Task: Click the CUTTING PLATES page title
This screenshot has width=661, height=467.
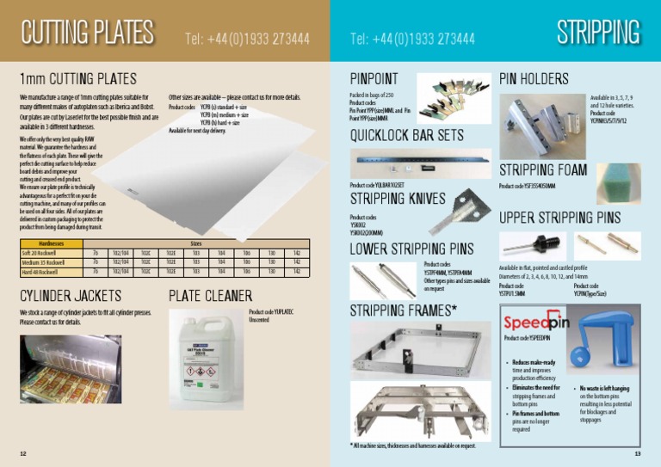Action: pyautogui.click(x=88, y=34)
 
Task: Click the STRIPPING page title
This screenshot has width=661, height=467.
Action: pyautogui.click(x=598, y=33)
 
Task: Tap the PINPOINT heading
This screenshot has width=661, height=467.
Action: pyautogui.click(x=374, y=78)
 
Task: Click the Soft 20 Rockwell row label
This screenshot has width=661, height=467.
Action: pyautogui.click(x=40, y=252)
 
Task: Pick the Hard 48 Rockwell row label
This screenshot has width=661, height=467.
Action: pyautogui.click(x=40, y=271)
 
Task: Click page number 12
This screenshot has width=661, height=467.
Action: pyautogui.click(x=23, y=453)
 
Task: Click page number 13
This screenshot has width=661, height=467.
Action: pyautogui.click(x=637, y=453)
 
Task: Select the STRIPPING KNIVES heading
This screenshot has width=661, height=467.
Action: pyautogui.click(x=398, y=199)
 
